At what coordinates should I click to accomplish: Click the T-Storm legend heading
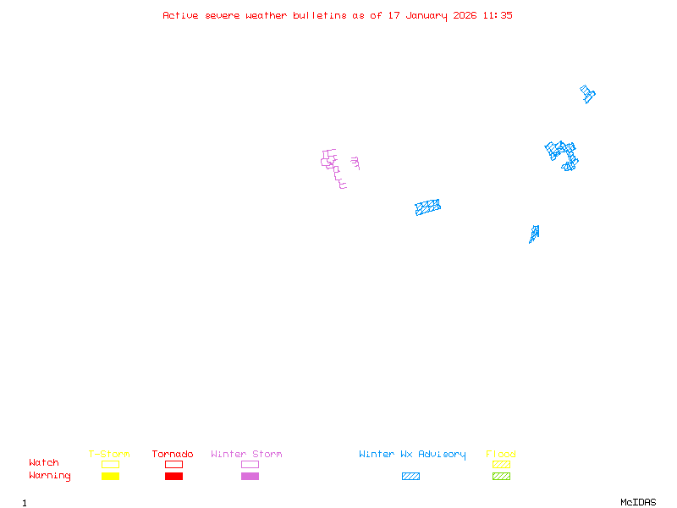(109, 455)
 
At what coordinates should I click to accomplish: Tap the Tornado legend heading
(173, 455)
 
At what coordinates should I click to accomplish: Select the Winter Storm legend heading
(246, 455)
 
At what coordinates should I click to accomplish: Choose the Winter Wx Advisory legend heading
(412, 455)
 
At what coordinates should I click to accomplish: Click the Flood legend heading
(501, 455)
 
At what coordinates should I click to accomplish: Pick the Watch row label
(44, 463)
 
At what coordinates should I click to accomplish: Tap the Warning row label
(50, 476)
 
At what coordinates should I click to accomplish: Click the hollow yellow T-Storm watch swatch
(110, 464)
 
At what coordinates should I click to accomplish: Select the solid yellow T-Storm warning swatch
(110, 477)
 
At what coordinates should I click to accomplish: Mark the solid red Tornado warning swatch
(173, 477)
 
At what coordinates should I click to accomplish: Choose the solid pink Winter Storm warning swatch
(250, 477)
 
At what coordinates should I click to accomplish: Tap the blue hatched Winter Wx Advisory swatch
(410, 477)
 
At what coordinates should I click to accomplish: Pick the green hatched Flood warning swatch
(501, 477)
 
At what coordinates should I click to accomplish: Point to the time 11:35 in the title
(498, 15)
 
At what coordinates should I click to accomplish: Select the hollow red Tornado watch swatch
(173, 464)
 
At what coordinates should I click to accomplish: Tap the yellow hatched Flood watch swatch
(501, 464)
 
